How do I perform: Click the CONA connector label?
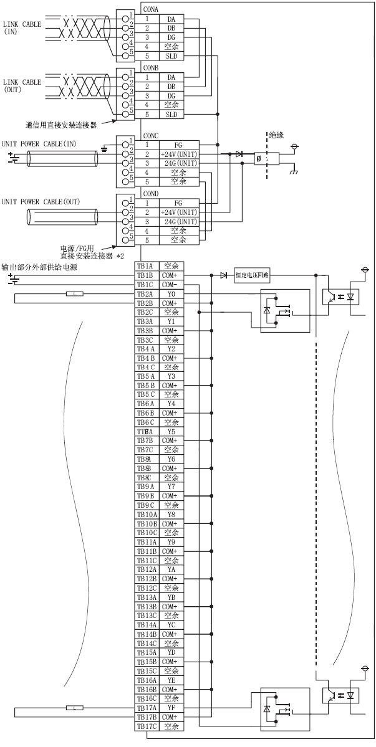click(150, 10)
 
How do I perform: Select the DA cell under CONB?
click(171, 77)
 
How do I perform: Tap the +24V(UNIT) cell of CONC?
click(179, 155)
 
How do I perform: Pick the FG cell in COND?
click(178, 203)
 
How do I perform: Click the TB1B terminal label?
click(145, 275)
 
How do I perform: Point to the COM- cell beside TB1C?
click(170, 284)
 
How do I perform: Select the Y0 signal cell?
click(171, 293)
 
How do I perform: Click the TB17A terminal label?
click(147, 708)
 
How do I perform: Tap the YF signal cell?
click(171, 708)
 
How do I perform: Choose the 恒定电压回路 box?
click(249, 275)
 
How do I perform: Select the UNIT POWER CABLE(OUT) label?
click(41, 201)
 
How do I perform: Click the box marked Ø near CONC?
click(259, 159)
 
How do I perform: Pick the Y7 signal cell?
click(171, 487)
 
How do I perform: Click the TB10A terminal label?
click(147, 515)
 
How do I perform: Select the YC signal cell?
click(171, 624)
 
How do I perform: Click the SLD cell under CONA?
click(171, 56)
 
